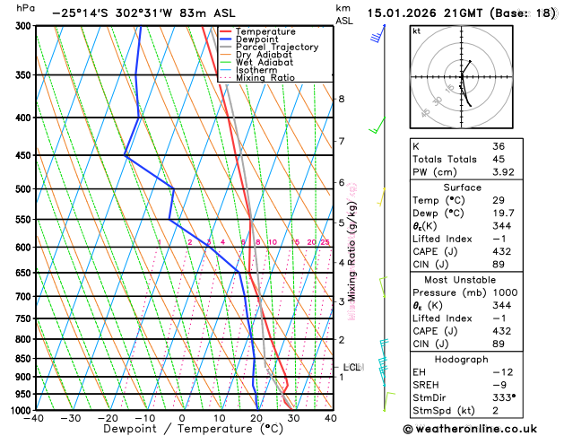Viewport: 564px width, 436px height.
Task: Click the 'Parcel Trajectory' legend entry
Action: pyautogui.click(x=276, y=47)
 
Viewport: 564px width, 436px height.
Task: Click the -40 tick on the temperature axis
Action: pyautogui.click(x=34, y=418)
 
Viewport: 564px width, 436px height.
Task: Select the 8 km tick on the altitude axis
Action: pyautogui.click(x=341, y=99)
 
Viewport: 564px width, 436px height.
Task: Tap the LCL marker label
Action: pyautogui.click(x=352, y=367)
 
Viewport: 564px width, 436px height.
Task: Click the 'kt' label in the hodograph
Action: pyautogui.click(x=416, y=31)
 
